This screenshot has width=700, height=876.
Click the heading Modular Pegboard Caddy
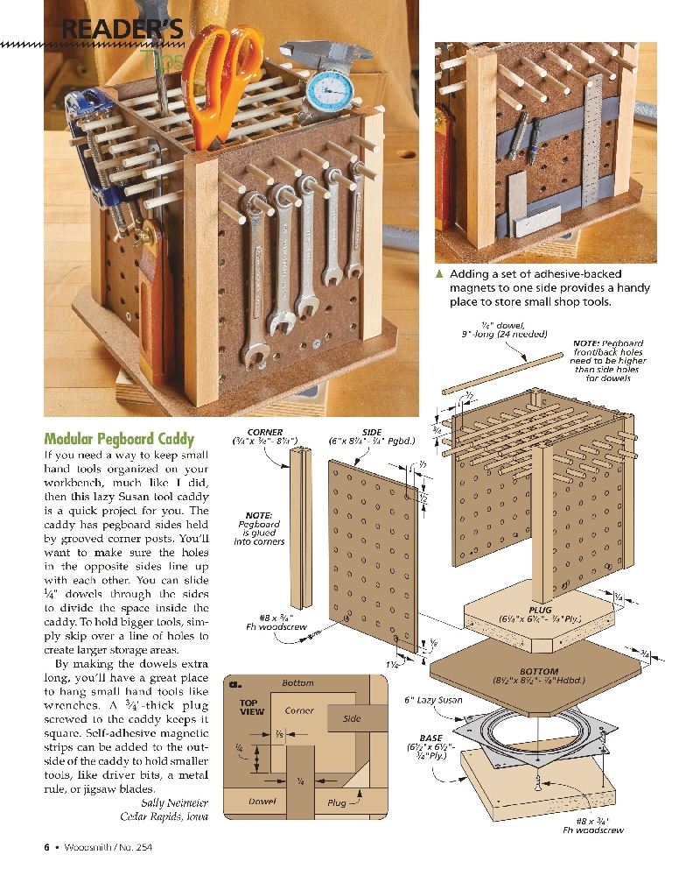pyautogui.click(x=119, y=439)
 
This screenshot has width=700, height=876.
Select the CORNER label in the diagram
pyautogui.click(x=265, y=432)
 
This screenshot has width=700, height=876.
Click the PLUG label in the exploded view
pyautogui.click(x=540, y=610)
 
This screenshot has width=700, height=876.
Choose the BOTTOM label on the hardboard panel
pyautogui.click(x=539, y=672)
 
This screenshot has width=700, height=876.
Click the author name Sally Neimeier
pyautogui.click(x=174, y=802)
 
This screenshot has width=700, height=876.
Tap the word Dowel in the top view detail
pyautogui.click(x=262, y=802)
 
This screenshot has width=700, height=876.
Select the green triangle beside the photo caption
pyautogui.click(x=441, y=274)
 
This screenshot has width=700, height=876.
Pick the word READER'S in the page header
pyautogui.click(x=119, y=30)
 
